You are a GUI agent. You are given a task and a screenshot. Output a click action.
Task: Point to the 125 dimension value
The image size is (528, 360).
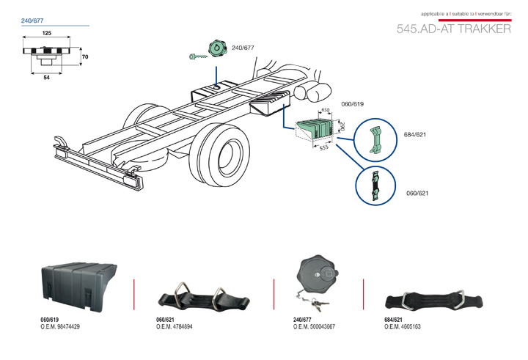(46, 34)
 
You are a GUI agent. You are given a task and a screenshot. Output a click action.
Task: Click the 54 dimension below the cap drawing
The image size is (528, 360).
(46, 77)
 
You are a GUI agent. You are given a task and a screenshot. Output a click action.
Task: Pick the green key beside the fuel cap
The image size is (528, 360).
(197, 55)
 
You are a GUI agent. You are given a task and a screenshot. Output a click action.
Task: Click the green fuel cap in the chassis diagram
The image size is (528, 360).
(218, 48)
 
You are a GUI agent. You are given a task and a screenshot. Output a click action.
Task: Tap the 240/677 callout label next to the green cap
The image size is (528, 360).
(243, 48)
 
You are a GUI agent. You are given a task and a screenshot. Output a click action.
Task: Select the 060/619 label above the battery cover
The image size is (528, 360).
(352, 105)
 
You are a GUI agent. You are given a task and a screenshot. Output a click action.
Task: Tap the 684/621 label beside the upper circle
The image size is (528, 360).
(415, 135)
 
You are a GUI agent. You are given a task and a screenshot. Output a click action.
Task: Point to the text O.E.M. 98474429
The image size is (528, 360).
(60, 326)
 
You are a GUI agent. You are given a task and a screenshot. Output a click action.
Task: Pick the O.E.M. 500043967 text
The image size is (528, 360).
(314, 326)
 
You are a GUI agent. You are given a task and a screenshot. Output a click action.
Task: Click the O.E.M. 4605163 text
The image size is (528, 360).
(403, 326)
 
